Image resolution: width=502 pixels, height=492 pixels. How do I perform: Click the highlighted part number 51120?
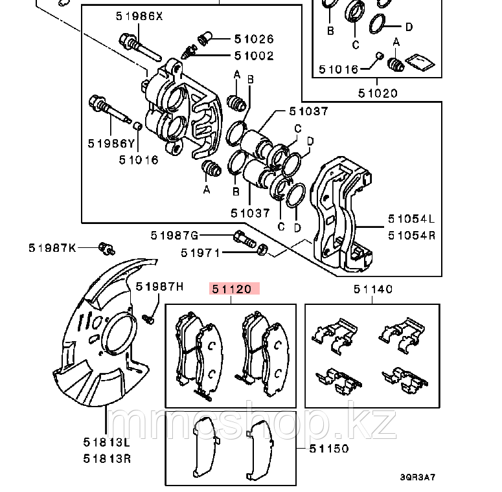point(231,289)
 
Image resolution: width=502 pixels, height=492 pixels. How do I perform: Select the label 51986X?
point(139,16)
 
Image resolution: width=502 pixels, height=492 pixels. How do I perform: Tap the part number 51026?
point(254,39)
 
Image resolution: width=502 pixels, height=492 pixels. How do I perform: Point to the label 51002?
point(254,56)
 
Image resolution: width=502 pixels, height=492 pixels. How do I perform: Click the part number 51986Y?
point(111,143)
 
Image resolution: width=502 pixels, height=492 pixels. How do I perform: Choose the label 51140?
point(373,289)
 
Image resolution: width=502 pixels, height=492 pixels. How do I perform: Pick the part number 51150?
point(329,449)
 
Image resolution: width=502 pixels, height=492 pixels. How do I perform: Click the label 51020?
point(378,93)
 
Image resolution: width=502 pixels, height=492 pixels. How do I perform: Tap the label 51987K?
point(52,247)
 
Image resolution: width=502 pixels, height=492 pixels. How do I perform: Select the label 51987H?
point(159,286)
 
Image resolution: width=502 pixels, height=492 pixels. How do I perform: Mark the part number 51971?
point(201,252)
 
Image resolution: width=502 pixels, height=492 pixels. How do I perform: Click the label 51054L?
point(412,219)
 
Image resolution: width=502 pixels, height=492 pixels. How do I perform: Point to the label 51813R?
point(107,459)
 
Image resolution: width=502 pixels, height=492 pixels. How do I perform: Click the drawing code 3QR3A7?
point(418,477)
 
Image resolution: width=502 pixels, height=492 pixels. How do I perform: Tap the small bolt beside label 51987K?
point(107,249)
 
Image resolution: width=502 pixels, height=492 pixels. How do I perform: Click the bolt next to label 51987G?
point(245,239)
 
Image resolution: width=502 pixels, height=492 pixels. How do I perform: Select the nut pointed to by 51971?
point(262,249)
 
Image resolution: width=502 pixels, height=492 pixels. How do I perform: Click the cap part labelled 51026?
point(205,38)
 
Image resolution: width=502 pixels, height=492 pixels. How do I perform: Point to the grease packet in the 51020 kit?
point(420,62)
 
